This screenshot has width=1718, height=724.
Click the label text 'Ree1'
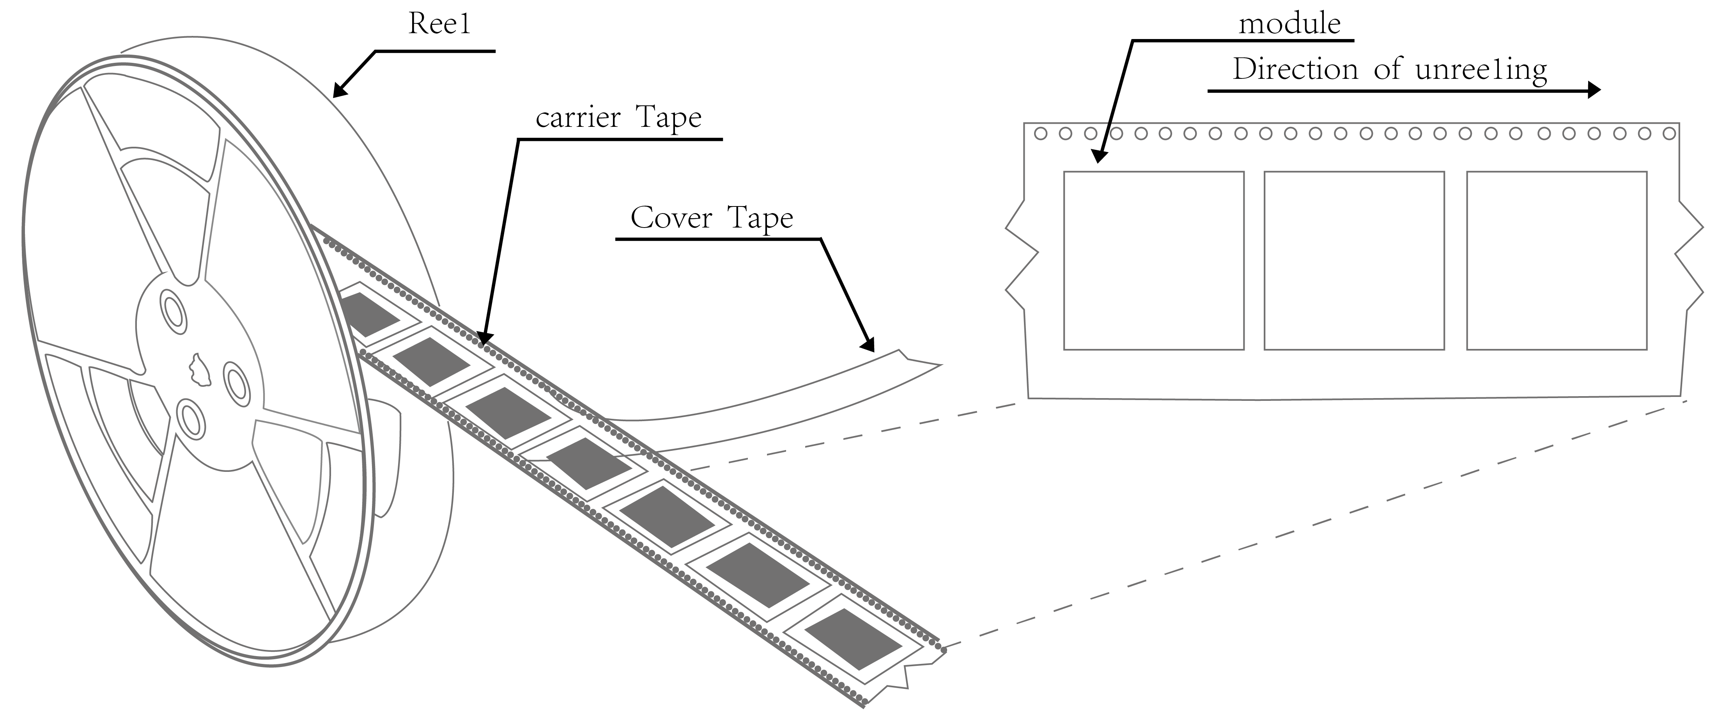click(x=439, y=25)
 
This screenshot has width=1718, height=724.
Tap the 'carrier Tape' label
click(x=618, y=118)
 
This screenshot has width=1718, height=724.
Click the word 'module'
click(x=1289, y=25)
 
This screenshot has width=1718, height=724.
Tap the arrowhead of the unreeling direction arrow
click(x=1592, y=90)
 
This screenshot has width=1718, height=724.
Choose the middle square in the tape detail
click(x=1354, y=261)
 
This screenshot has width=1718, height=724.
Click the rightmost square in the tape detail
click(x=1557, y=261)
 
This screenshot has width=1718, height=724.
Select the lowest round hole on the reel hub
click(x=191, y=419)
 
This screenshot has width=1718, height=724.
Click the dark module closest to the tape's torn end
click(x=853, y=639)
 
